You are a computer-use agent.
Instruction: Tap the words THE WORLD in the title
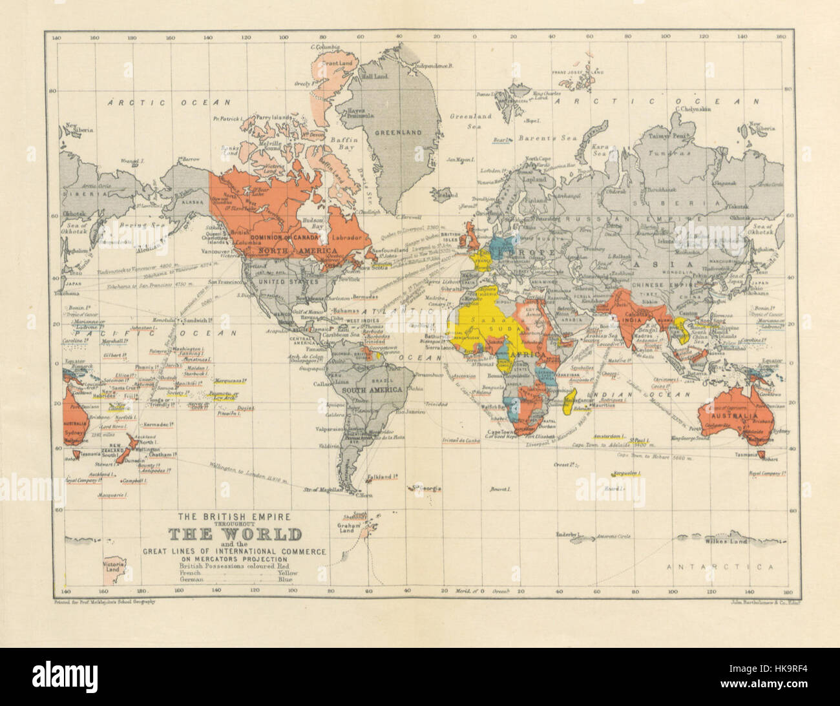(x=235, y=535)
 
